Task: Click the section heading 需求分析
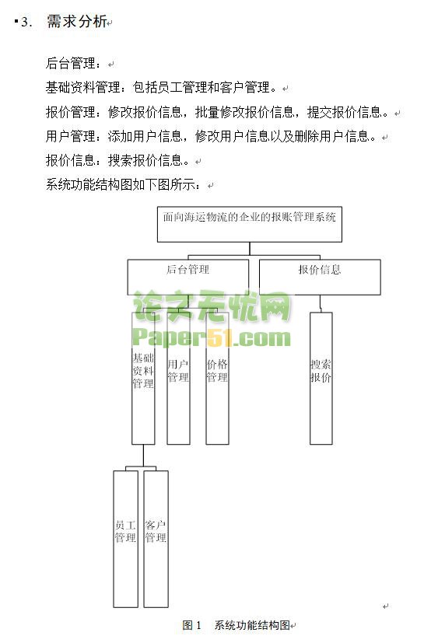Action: point(77,21)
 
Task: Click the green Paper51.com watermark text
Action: point(212,338)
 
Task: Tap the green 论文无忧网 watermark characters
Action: point(212,306)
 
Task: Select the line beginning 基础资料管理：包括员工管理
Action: point(162,88)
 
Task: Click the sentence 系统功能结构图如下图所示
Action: point(124,185)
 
